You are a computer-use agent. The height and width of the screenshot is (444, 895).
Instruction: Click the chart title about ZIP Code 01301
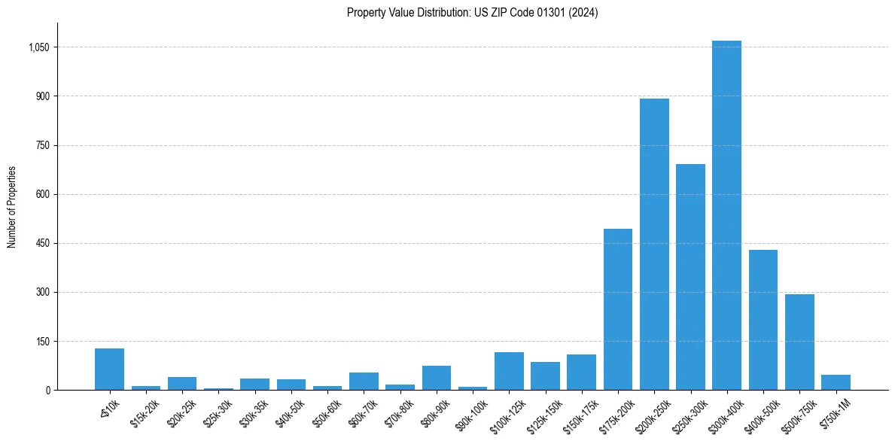pyautogui.click(x=472, y=13)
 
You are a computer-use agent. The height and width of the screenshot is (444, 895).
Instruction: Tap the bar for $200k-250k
pyautogui.click(x=654, y=245)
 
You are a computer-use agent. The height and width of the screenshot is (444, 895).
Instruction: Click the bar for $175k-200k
pyautogui.click(x=618, y=309)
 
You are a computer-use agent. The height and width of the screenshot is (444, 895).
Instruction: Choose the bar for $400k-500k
pyautogui.click(x=763, y=320)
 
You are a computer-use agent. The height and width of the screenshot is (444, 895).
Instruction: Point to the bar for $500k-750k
pyautogui.click(x=799, y=342)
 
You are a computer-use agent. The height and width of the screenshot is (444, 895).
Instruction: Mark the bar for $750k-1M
pyautogui.click(x=836, y=382)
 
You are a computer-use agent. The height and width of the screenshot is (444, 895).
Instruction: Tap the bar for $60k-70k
pyautogui.click(x=364, y=382)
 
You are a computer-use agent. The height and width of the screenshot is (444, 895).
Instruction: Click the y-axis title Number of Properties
pyautogui.click(x=11, y=207)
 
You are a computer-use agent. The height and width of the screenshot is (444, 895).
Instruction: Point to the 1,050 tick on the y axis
pyautogui.click(x=38, y=47)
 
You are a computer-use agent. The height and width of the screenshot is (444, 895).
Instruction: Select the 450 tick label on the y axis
pyautogui.click(x=42, y=244)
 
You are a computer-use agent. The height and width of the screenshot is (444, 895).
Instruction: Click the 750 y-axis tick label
pyautogui.click(x=42, y=145)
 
